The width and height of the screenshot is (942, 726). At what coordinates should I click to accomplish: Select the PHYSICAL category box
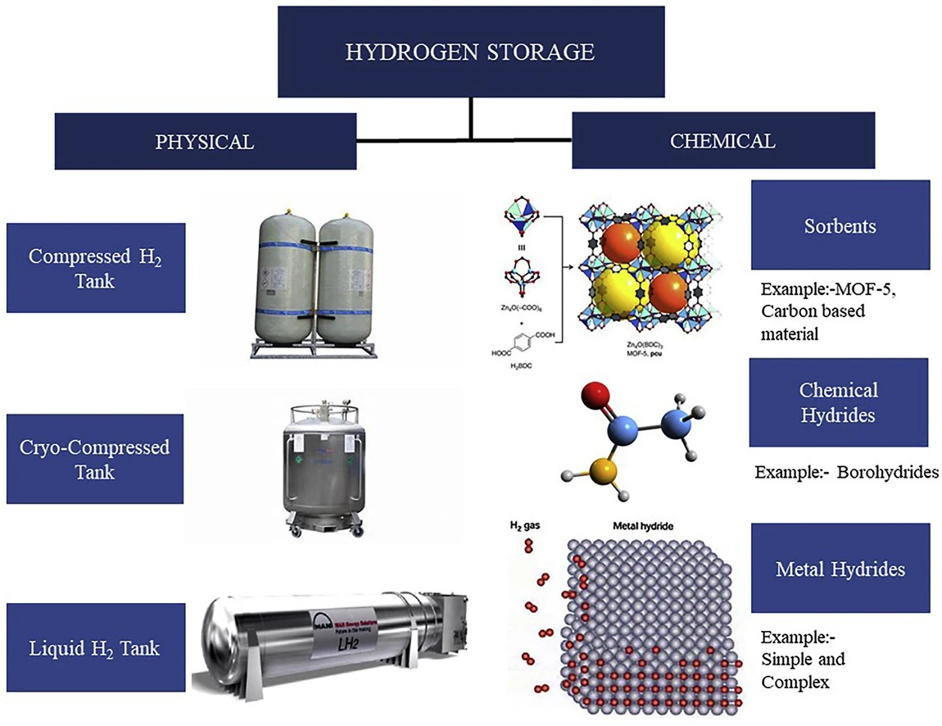point(205,141)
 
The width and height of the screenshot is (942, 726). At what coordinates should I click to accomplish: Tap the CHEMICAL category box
point(722,140)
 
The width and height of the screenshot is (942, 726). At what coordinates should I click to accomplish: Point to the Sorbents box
point(840,225)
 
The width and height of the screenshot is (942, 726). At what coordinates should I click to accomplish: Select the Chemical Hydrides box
point(838,402)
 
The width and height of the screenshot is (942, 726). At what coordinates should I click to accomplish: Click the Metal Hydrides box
point(840,568)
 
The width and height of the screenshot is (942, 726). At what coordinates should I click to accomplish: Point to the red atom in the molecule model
point(596,396)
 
